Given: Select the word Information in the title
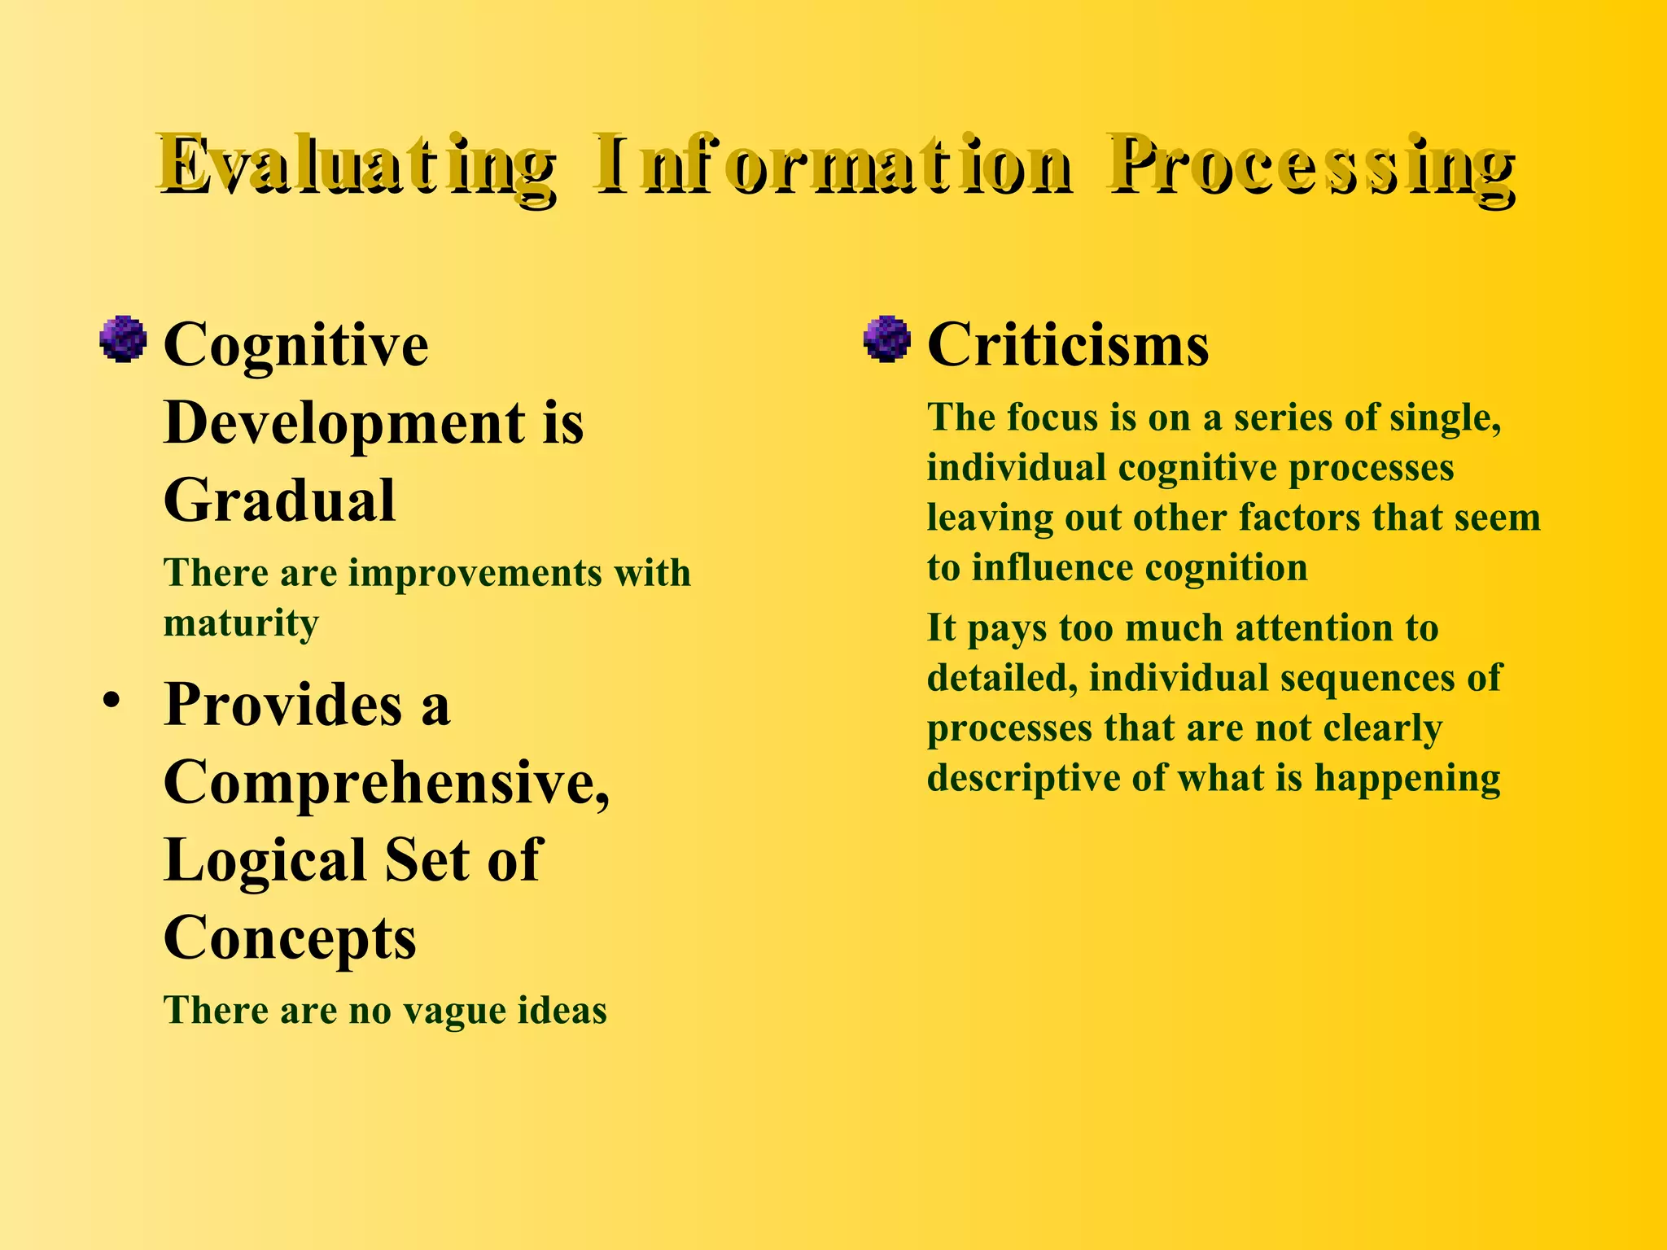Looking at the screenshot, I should pos(833,167).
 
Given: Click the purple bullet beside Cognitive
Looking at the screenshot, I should pos(123,339).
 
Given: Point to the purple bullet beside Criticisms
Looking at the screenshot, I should pos(886,339).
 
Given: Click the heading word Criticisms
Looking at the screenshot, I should pos(1068,345).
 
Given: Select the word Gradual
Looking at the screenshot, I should pos(279,500).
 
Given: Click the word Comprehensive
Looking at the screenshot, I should pos(387,782).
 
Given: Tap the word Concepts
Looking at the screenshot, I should pos(290,937).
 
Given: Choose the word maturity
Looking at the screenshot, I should pos(241,624).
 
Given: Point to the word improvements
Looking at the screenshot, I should pos(475,572).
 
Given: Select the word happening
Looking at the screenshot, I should pos(1407,779).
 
